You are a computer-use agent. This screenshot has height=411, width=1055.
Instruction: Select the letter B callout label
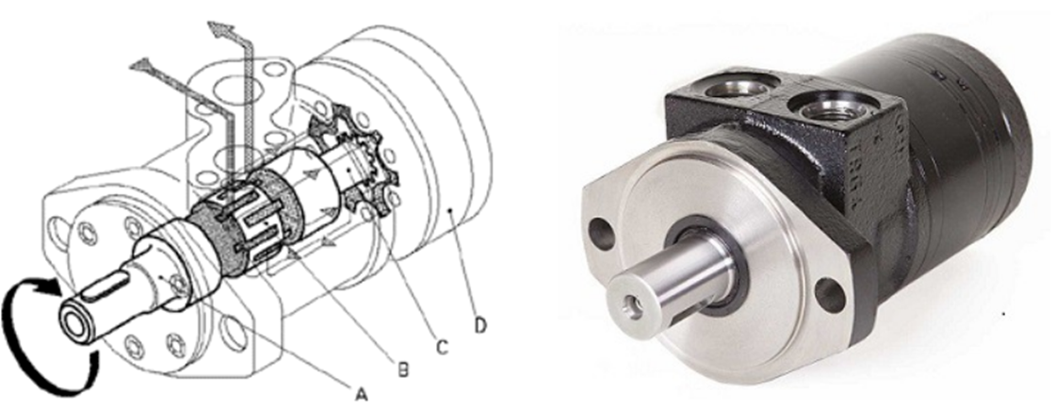[402, 370]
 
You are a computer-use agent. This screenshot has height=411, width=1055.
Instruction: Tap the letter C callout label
[442, 347]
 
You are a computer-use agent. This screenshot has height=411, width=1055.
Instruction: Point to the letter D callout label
[479, 325]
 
